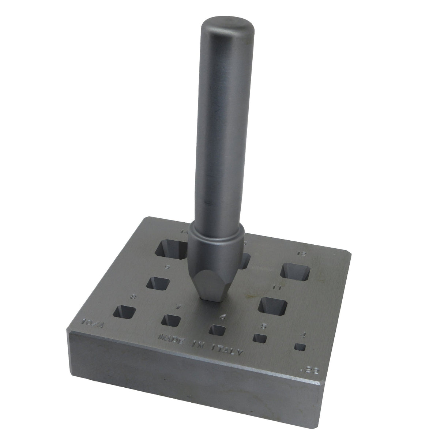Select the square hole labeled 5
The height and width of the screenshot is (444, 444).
tap(260, 338)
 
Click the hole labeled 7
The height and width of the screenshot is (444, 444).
tap(171, 320)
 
